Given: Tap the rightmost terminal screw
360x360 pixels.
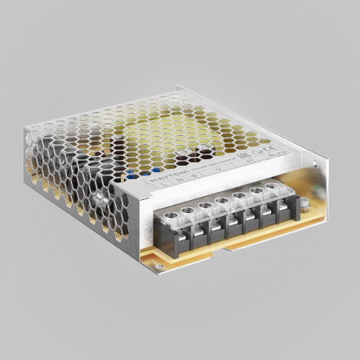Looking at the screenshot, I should point(272,186).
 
